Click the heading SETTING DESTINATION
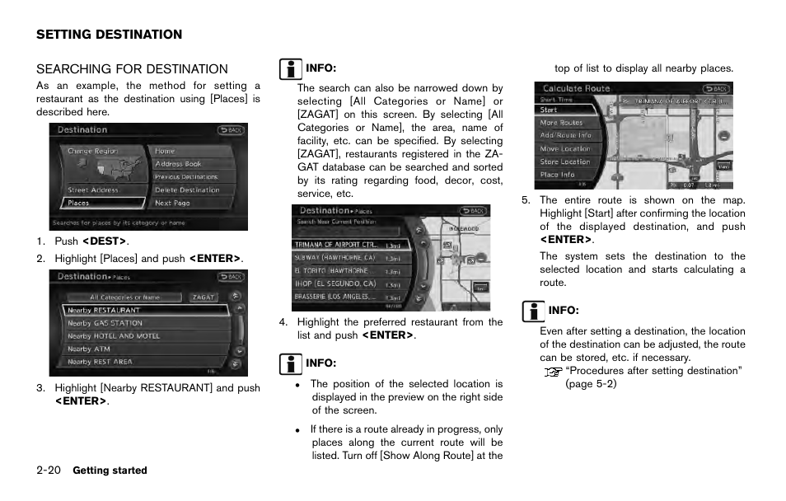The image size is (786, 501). click(x=109, y=35)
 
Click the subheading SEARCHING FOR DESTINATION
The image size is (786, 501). click(x=132, y=69)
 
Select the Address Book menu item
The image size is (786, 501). click(x=178, y=164)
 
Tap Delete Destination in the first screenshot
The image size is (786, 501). click(x=187, y=190)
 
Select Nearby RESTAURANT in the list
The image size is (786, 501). click(x=146, y=311)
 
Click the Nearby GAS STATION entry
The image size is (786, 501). click(x=105, y=324)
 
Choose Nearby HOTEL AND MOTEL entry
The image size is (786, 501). click(x=114, y=336)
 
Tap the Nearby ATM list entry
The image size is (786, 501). click(x=88, y=349)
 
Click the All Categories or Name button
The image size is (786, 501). click(x=124, y=297)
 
